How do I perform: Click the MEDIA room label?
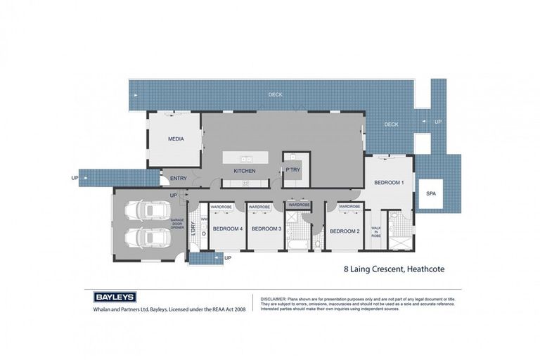[176, 139]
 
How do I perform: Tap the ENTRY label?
[178, 178]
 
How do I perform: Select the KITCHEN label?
[244, 171]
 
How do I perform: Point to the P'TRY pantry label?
[292, 171]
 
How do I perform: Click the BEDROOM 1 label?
[388, 183]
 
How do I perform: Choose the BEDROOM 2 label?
[345, 231]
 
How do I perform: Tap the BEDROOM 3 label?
[266, 229]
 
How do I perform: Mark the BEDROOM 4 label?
[227, 229]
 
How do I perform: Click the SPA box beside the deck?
[431, 193]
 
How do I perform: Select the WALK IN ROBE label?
[375, 232]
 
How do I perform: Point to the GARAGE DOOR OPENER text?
[177, 224]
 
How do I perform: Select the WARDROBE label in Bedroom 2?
[349, 207]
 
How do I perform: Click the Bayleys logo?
[115, 297]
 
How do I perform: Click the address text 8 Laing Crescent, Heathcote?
[394, 269]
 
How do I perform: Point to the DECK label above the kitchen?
[276, 94]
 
